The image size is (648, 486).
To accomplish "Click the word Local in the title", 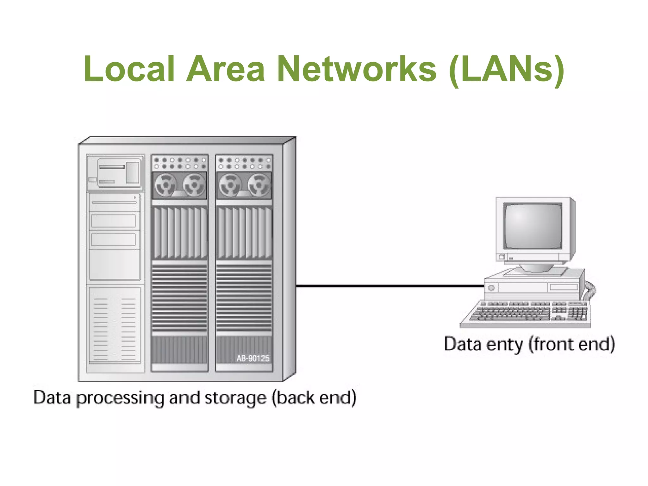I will [x=129, y=69].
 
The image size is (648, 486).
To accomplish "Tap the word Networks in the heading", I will [x=357, y=69].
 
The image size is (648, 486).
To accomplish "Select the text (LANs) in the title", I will [x=506, y=70].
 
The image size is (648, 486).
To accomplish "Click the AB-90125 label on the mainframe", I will [x=252, y=358].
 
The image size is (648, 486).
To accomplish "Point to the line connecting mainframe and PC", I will [x=389, y=286].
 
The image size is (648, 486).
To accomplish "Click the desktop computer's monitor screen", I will [x=533, y=226].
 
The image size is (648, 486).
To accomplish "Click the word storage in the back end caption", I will [x=235, y=398].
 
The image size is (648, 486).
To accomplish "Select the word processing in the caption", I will [x=120, y=398].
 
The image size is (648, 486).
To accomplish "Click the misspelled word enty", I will [x=504, y=344].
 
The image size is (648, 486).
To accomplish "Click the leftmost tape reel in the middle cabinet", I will [x=165, y=184].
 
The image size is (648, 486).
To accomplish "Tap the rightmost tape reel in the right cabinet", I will [x=259, y=184].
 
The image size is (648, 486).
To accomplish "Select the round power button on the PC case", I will [x=491, y=288].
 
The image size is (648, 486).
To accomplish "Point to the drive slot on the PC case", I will [x=564, y=287].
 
